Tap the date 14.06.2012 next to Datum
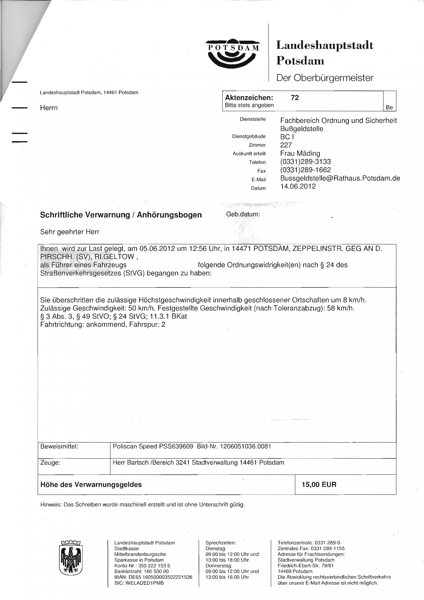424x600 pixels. point(298,186)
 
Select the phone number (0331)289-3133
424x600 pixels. point(305,161)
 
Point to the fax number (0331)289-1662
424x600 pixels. point(305,170)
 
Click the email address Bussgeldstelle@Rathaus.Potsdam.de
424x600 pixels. point(340,178)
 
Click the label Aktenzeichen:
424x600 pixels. point(249,98)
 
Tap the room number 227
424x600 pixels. point(286,145)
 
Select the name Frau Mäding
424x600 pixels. point(300,153)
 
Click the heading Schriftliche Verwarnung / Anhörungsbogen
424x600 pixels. point(121,215)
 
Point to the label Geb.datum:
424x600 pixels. point(243,214)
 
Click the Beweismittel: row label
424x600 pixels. point(59,446)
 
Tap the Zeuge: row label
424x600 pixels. point(50,463)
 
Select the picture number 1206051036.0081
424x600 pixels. point(245,446)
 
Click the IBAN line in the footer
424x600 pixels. point(153,577)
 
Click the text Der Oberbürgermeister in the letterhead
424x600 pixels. point(325,78)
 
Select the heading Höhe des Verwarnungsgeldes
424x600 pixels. point(91,484)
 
